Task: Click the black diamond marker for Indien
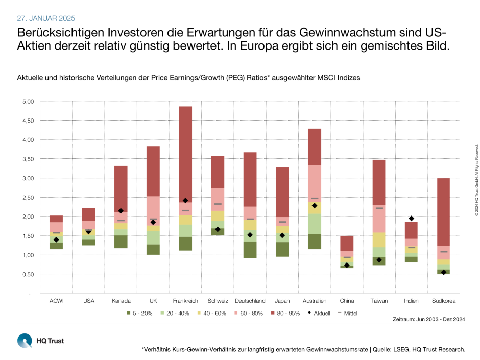point(411,219)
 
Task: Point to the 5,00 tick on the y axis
point(26,102)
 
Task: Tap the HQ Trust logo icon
point(24,340)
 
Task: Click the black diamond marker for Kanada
point(121,211)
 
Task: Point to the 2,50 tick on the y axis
point(26,198)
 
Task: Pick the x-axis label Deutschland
point(250,301)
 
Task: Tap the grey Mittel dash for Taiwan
point(379,208)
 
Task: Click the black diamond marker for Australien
point(315,206)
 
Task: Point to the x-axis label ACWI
point(56,301)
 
